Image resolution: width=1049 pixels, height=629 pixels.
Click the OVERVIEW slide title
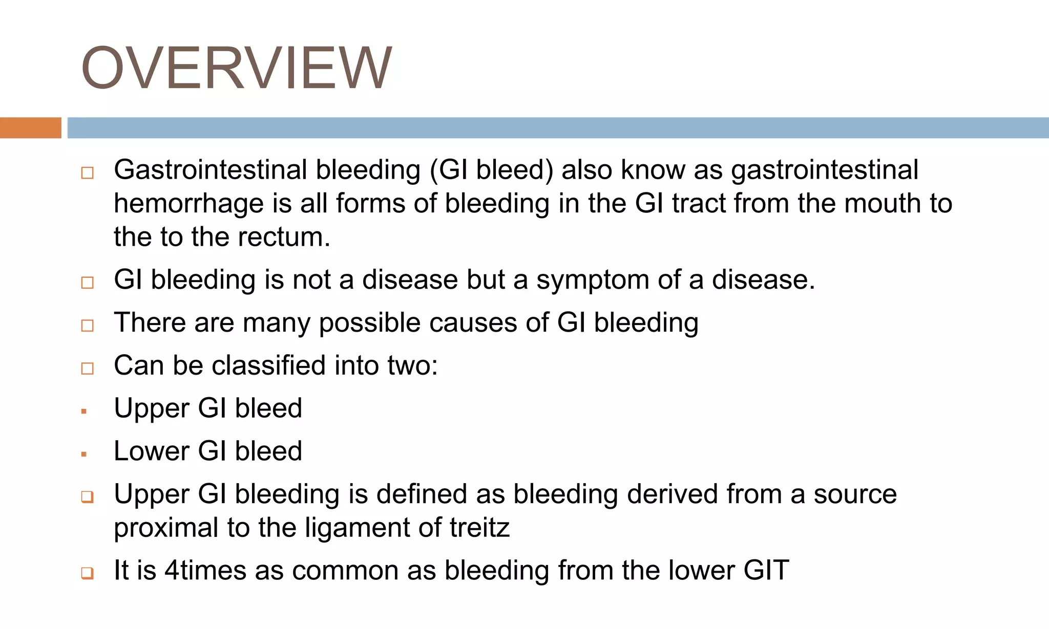coord(236,68)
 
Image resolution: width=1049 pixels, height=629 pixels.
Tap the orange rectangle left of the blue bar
coord(30,128)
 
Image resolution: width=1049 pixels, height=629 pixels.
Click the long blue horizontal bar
coord(557,128)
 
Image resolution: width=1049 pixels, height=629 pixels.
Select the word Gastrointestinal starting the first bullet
coord(210,170)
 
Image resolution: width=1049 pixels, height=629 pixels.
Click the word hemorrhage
coord(188,204)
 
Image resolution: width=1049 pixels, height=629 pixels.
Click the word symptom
coord(593,280)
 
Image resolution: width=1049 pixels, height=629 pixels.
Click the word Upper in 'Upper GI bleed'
coord(152,409)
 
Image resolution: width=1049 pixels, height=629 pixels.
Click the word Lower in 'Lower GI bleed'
coord(152,451)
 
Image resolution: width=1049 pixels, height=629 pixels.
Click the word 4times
coord(205,571)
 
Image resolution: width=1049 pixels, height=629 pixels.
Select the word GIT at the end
coord(766,571)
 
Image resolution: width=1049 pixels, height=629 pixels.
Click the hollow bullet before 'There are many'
coord(88,326)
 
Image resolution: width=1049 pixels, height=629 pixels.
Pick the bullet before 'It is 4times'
coord(88,573)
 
